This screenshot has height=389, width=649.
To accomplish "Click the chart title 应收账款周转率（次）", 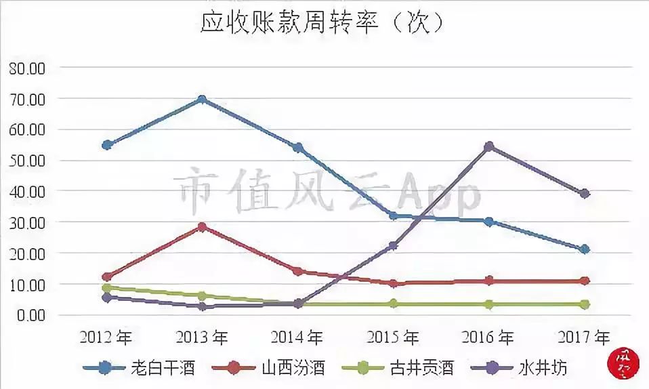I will tap(322, 23).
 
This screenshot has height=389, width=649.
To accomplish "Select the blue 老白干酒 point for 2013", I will tap(202, 100).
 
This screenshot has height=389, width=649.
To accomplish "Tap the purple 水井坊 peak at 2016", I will tap(489, 146).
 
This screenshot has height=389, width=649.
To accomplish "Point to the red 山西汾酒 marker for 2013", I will tap(202, 227).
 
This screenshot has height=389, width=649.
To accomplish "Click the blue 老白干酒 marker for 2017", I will tap(585, 249).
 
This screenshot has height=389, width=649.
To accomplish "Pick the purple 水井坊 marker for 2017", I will tap(585, 194).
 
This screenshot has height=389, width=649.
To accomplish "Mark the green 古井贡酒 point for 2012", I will tap(106, 288).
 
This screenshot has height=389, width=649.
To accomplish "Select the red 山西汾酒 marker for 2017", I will tap(585, 281).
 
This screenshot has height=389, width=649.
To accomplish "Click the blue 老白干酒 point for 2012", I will tap(106, 145).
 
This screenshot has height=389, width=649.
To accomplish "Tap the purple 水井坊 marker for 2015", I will tap(394, 246).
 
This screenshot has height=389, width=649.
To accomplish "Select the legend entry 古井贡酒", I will tap(397, 368).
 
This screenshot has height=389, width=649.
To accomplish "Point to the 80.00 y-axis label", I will tap(26, 68).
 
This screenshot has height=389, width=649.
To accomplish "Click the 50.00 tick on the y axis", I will tap(26, 161).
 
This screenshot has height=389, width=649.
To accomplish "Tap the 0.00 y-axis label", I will tap(30, 315).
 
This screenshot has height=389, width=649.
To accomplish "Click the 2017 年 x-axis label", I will tap(583, 337).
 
